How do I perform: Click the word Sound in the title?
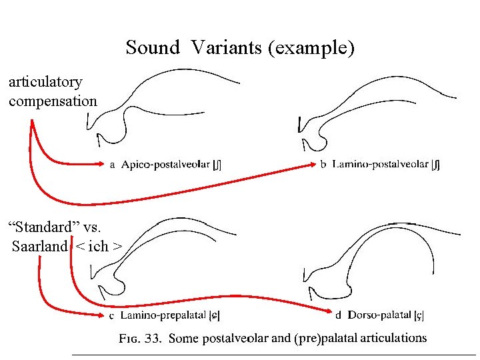(153, 48)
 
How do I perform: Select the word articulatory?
(45, 83)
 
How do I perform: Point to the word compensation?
(53, 101)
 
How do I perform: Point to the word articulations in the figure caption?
(393, 338)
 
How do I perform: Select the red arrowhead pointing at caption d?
(327, 311)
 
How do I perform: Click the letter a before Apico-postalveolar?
(112, 165)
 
